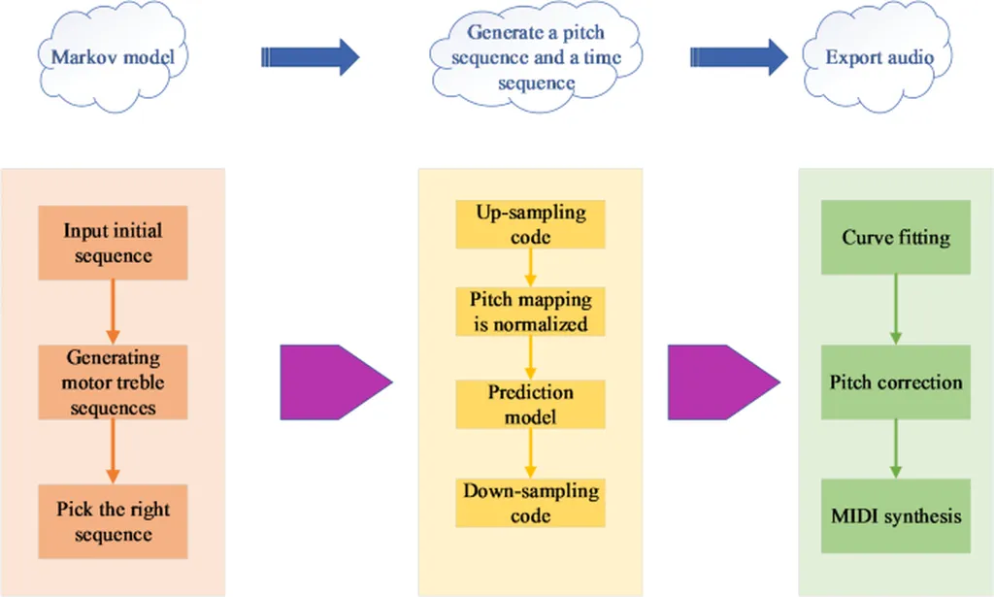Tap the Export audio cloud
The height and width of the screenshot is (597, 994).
point(878,57)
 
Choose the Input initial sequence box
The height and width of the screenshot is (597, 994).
point(113,243)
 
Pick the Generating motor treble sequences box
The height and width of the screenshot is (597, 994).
point(113,381)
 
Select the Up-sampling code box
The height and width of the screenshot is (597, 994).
point(530,224)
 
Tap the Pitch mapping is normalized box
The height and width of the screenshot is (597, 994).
point(530,311)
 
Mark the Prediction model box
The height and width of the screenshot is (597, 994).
point(530,405)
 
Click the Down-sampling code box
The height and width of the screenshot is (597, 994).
point(530,502)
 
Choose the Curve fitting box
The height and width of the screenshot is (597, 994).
point(895,238)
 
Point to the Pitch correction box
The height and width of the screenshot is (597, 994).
point(895,381)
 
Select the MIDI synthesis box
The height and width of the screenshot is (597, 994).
point(895,514)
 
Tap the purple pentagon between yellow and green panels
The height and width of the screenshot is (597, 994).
point(721,381)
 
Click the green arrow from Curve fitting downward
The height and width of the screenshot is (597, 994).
point(895,309)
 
